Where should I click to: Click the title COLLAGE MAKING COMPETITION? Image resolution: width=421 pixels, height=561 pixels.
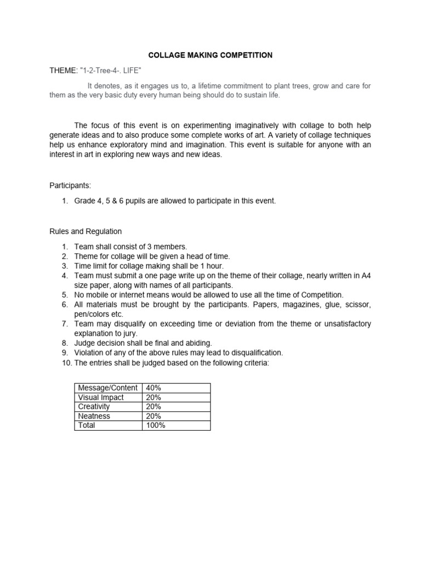[x=211, y=55]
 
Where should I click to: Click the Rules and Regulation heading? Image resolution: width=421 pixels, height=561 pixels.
[x=86, y=231]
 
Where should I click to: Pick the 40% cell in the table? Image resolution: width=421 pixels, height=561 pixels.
[x=153, y=388]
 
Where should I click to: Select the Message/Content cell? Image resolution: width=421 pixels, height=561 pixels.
[x=108, y=388]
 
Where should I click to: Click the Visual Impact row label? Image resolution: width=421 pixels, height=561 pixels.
[x=101, y=397]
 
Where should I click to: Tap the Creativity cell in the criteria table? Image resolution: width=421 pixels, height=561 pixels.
[x=94, y=407]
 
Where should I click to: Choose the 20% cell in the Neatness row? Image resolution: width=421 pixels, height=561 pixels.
[x=153, y=416]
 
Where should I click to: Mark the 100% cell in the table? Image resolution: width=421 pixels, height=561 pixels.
[x=156, y=425]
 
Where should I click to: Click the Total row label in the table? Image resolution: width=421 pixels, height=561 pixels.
[x=87, y=425]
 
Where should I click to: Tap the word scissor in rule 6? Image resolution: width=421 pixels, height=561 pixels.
[x=357, y=305]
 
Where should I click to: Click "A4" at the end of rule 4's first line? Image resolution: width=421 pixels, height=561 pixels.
[x=366, y=276]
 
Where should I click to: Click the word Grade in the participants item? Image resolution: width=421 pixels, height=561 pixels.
[x=86, y=201]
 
